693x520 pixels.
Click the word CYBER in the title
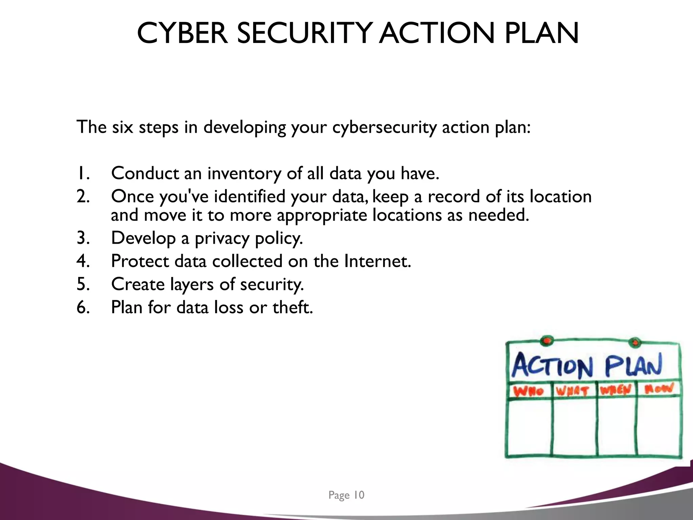tap(182, 33)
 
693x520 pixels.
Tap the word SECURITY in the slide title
tap(304, 33)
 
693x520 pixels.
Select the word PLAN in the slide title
tap(542, 33)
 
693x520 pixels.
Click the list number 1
tap(83, 173)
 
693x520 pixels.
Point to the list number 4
tap(83, 261)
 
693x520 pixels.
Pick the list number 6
tap(83, 307)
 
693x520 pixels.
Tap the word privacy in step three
tap(222, 238)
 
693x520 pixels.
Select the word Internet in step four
tap(377, 261)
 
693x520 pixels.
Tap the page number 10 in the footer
tap(359, 495)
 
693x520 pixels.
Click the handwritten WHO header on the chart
tap(528, 391)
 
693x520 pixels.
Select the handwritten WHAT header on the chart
tap(573, 391)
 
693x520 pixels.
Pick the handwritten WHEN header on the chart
tap(616, 390)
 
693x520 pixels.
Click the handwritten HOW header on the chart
tap(658, 389)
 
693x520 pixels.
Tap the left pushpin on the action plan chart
tap(546, 340)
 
